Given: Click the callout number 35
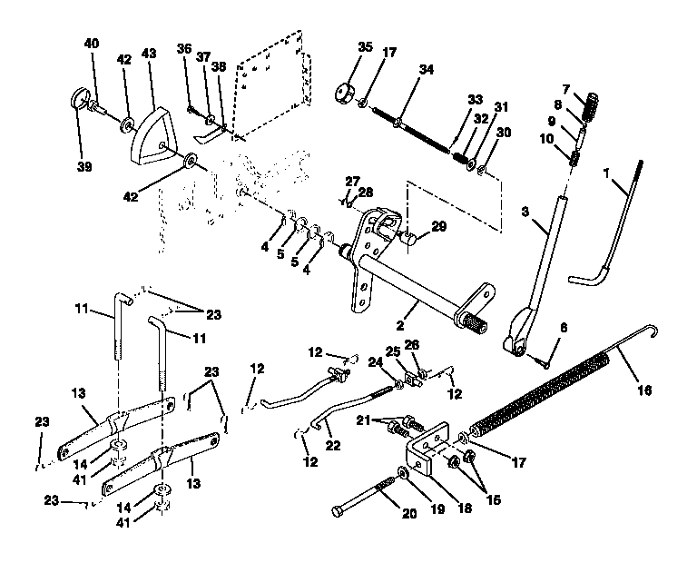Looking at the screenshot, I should (365, 46).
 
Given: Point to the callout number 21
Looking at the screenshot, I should (365, 420).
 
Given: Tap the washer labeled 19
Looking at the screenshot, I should (401, 475).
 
